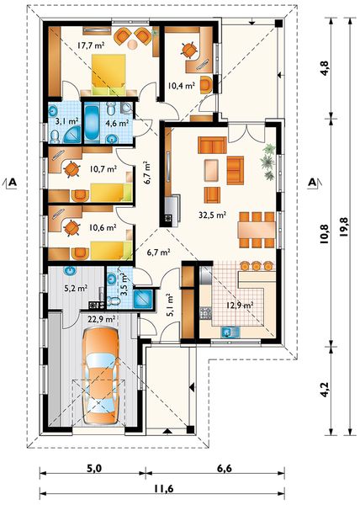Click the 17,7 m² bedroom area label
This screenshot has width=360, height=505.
point(91,45)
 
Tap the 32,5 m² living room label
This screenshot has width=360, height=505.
point(212,215)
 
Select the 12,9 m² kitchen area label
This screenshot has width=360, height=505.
point(238,305)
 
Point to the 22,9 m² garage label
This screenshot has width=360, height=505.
point(101,319)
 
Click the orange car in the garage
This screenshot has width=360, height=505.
point(100,376)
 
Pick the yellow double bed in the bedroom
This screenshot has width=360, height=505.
point(109,74)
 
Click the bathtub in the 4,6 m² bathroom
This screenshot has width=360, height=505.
point(92,123)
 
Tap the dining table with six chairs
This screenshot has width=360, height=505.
point(257,230)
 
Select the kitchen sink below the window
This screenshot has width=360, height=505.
point(230,332)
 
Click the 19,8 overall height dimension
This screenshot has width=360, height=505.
point(343,227)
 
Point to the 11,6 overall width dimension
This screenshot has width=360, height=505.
point(163,488)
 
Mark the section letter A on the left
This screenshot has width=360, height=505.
point(13,183)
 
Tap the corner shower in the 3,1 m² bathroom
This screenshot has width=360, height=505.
point(71,135)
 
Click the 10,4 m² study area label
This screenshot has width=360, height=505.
point(182,86)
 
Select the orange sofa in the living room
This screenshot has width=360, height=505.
point(212,145)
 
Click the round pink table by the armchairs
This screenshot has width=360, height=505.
point(132,45)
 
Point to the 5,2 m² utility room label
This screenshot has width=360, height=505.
point(76,288)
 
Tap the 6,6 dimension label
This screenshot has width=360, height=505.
point(225,468)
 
